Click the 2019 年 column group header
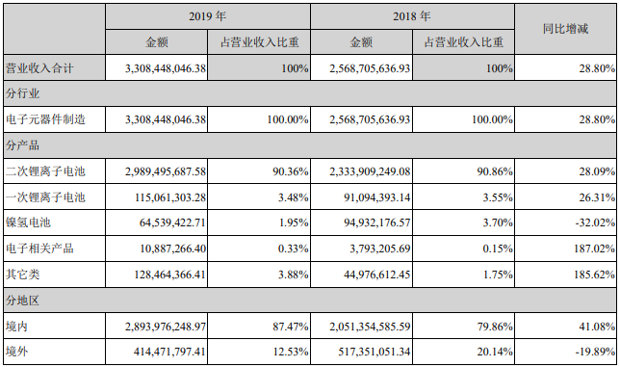[206, 16]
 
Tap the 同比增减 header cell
[565, 29]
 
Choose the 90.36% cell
[289, 171]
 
